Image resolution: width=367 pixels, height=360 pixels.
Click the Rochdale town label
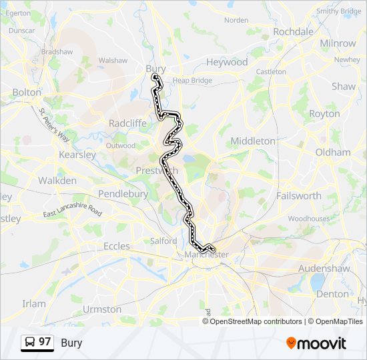click(293, 32)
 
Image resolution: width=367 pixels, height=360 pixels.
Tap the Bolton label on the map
click(27, 92)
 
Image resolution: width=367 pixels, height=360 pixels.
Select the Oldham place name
click(332, 152)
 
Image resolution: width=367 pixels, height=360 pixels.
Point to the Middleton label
click(252, 141)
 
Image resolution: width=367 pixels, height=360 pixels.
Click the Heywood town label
click(226, 62)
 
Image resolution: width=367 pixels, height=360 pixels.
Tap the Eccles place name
click(117, 246)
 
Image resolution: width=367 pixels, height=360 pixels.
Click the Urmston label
click(102, 309)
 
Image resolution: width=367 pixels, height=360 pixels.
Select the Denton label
click(332, 293)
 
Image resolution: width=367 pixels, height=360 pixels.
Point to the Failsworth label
click(298, 196)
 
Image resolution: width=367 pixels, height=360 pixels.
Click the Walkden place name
click(57, 181)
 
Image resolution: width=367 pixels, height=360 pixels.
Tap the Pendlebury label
click(123, 193)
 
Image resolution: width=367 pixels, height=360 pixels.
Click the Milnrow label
click(338, 43)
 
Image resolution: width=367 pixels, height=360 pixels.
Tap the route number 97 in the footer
click(45, 342)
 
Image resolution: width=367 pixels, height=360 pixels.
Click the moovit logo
click(316, 343)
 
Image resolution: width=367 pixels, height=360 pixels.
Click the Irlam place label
click(34, 303)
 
